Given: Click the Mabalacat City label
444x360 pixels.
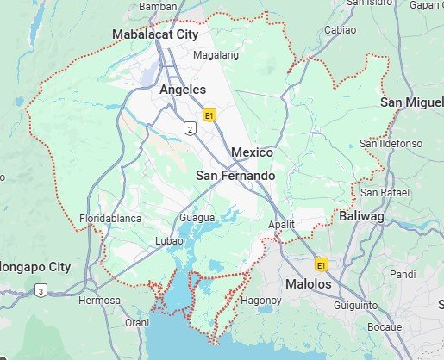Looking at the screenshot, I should coord(155,35).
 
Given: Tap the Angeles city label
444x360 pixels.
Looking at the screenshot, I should coord(183,90).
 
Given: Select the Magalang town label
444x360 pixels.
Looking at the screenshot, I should coord(216,54).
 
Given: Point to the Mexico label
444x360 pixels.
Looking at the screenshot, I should coord(252,152).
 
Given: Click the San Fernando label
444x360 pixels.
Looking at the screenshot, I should coord(236,176).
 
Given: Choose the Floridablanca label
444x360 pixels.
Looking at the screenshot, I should coord(110,219).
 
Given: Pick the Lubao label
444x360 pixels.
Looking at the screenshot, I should coord(170,240).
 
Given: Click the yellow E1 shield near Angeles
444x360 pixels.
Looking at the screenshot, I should coord(209,114).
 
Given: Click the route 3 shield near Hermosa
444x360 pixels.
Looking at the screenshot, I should coord(41,291).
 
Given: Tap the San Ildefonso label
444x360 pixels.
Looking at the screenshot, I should coord(391,142).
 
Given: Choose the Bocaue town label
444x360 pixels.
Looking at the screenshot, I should coord(384,327).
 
